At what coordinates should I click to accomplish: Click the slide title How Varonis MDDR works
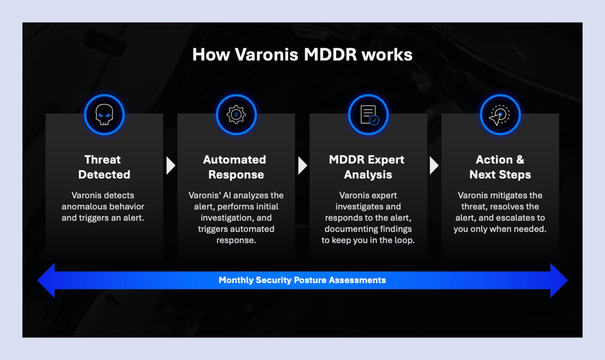[x=302, y=55]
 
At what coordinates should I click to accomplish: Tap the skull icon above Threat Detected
[x=104, y=115]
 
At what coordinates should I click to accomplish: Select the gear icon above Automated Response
[x=236, y=115]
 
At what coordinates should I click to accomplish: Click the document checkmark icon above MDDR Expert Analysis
[x=368, y=115]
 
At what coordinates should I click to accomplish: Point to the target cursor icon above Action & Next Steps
[x=500, y=115]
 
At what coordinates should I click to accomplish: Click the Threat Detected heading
[x=104, y=167]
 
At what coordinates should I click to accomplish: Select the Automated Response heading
[x=236, y=167]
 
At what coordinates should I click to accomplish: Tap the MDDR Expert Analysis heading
[x=367, y=167]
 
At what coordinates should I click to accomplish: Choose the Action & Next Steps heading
[x=500, y=167]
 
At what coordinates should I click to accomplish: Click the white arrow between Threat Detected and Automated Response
[x=171, y=165]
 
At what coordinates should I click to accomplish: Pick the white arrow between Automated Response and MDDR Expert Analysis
[x=302, y=165]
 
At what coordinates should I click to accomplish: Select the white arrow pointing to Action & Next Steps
[x=434, y=165]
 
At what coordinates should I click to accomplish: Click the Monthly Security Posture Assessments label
[x=302, y=280]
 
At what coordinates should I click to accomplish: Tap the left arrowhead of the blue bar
[x=46, y=280]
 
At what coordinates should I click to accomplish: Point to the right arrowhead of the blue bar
[x=559, y=280]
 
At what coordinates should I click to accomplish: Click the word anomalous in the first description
[x=83, y=206]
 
